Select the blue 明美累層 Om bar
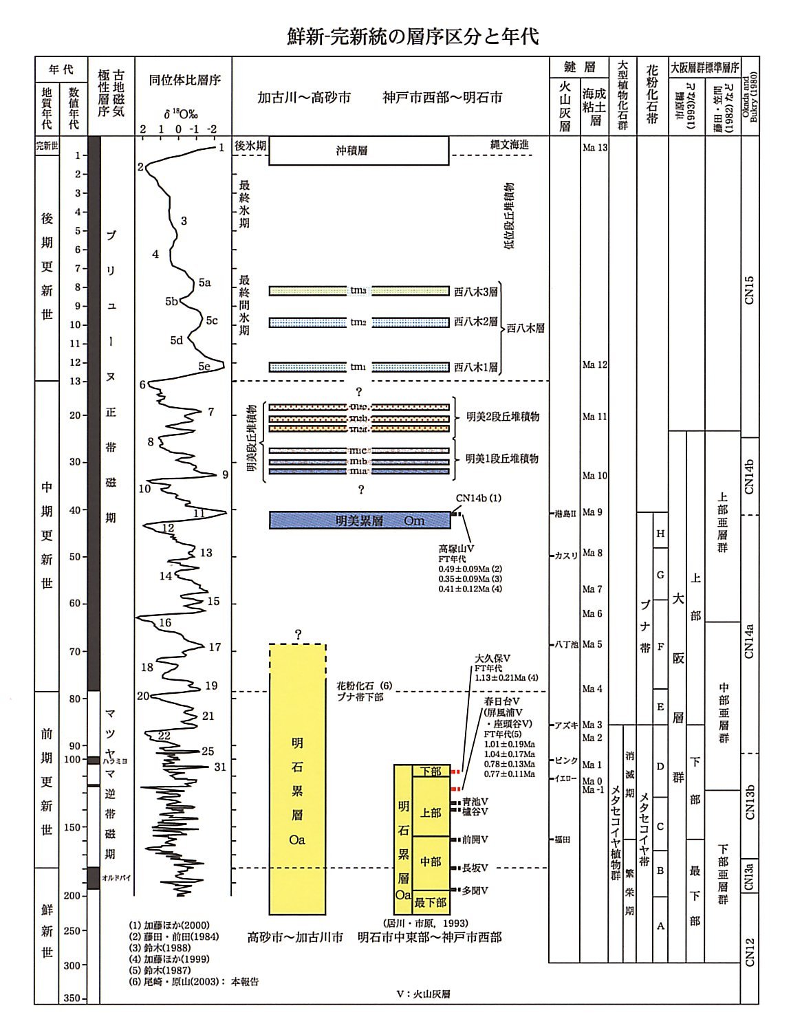point(360,521)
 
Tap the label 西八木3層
point(476,291)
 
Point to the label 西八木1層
point(476,367)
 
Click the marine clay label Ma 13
point(594,147)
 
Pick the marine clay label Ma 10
point(594,476)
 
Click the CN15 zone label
point(750,289)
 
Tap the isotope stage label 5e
point(204,366)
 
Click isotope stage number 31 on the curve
point(220,767)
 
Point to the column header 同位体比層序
point(184,80)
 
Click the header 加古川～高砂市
point(303,98)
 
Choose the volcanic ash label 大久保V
point(492,658)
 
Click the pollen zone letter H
point(660,534)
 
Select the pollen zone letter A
point(660,926)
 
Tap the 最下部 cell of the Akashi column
point(431,902)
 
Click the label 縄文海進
point(510,144)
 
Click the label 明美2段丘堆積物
point(503,417)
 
